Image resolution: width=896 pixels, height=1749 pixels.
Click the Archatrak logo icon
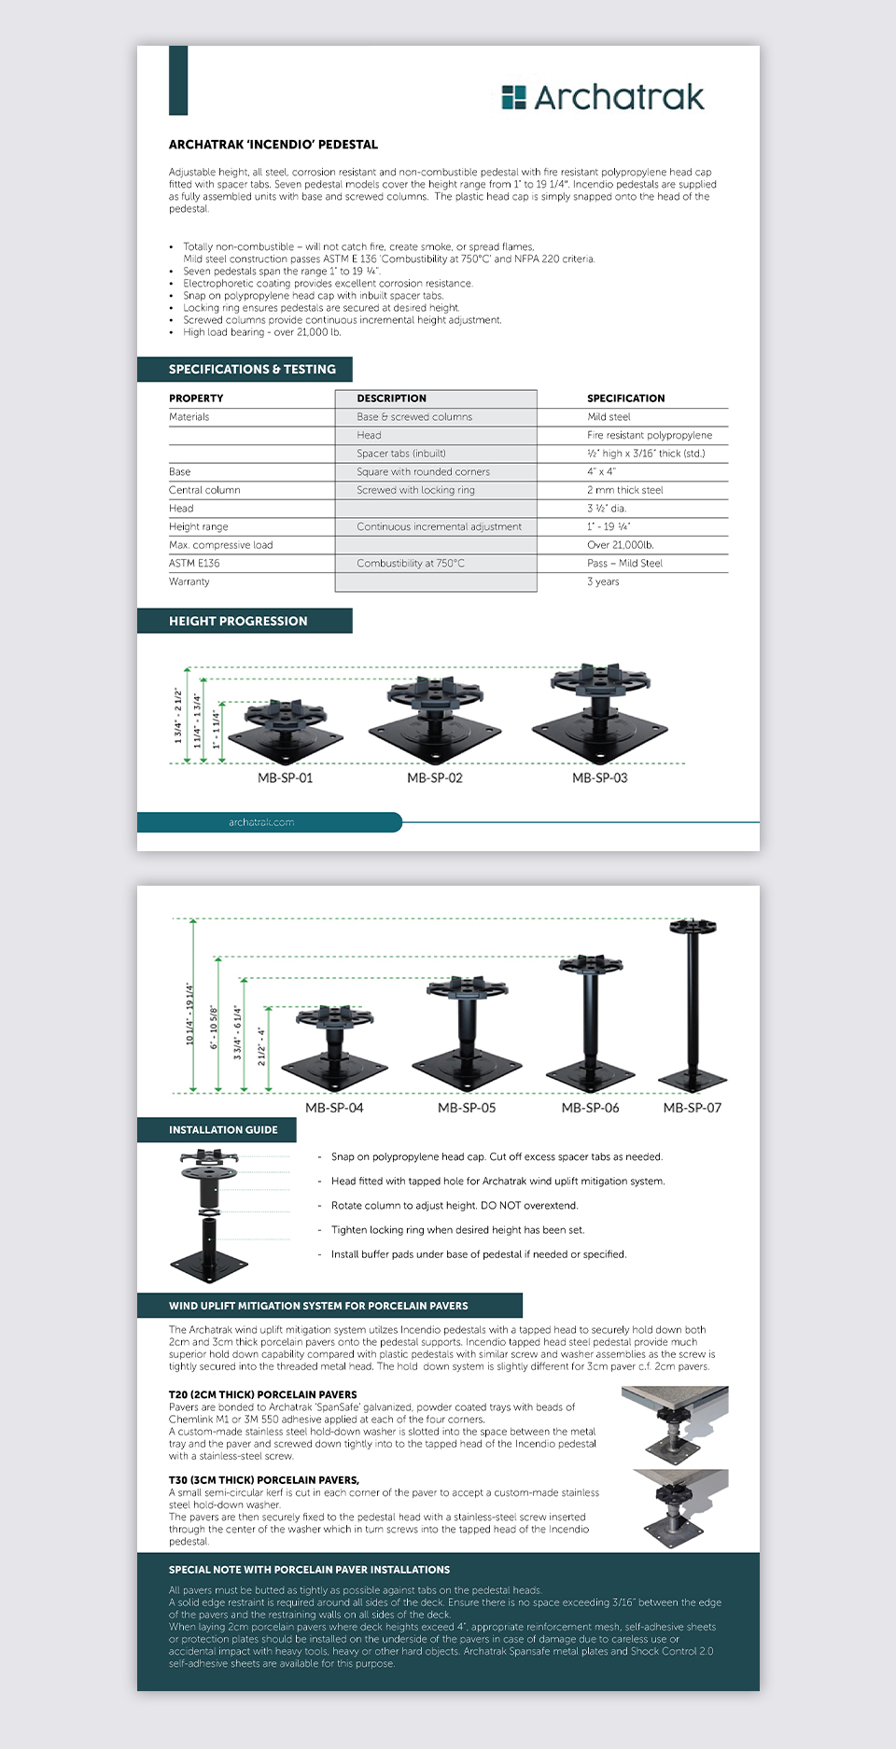513,97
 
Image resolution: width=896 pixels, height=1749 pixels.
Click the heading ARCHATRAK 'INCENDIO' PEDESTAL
273,145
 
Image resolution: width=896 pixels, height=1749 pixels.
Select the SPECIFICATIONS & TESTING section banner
245,370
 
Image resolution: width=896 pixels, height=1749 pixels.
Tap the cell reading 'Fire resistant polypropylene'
649,435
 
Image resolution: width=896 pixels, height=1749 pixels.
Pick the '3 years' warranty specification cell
603,581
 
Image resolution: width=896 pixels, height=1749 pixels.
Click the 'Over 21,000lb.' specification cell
620,545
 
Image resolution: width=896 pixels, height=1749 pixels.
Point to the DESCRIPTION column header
391,399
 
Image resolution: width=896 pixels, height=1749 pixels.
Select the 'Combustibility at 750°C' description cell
410,564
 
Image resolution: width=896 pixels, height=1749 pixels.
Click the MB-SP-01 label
285,778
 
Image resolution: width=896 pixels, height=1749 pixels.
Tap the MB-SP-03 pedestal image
600,712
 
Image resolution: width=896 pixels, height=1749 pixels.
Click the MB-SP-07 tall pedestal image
693,1003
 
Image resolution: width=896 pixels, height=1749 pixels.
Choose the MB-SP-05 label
467,1108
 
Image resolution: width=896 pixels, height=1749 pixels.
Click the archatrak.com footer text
261,822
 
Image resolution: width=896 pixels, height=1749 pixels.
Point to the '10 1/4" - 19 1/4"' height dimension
189,1013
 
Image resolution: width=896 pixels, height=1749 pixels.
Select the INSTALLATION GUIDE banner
222,1130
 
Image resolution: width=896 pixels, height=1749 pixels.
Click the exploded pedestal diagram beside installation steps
209,1215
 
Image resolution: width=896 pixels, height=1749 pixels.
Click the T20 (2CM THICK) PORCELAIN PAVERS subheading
262,1394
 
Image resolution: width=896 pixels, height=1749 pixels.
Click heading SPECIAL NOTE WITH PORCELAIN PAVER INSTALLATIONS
309,1570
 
